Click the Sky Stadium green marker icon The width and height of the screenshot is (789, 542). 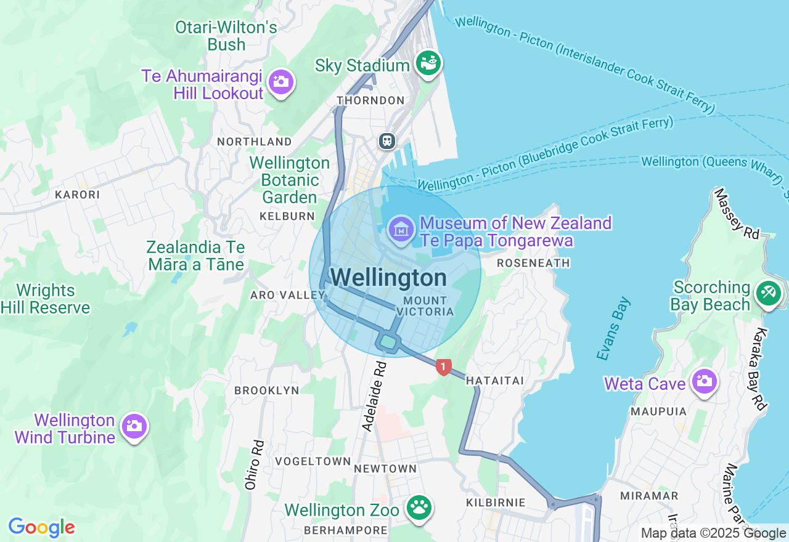(428, 63)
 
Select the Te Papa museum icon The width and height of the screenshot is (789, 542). (401, 230)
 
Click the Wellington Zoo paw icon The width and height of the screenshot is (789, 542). (420, 508)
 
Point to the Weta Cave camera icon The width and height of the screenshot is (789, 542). (704, 382)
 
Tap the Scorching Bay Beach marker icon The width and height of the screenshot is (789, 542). (767, 293)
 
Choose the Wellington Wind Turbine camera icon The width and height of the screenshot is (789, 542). (134, 426)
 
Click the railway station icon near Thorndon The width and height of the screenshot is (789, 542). (387, 141)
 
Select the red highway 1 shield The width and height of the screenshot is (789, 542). (443, 366)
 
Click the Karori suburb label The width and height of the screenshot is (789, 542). (77, 195)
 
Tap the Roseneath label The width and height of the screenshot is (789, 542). (533, 264)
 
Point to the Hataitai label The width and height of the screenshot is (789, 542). (494, 381)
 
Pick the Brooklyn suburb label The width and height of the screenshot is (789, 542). (266, 390)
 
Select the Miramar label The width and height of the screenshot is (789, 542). (649, 496)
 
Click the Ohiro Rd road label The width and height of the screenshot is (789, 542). (254, 464)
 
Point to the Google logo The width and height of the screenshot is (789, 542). (41, 528)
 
